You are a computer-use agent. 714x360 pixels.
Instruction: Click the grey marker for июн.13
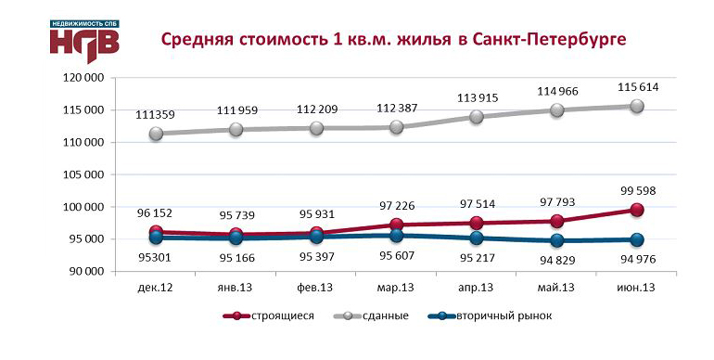tap(638, 107)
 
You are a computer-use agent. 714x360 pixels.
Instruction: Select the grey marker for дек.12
tap(156, 134)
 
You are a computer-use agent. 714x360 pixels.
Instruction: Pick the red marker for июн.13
tap(638, 211)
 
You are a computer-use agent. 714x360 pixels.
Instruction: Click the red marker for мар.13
tap(397, 225)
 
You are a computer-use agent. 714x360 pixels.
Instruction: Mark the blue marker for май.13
tap(557, 240)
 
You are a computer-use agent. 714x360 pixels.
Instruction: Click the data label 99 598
tap(638, 190)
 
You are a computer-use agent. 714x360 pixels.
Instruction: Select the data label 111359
tap(156, 113)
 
